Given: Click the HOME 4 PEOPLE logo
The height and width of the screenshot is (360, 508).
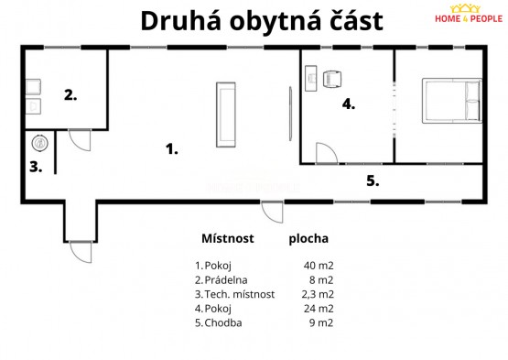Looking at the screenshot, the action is pos(468,14).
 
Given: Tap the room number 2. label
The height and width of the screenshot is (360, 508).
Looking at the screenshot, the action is pos(70,95).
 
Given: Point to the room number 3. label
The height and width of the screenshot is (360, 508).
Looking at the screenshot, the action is pos(36,167).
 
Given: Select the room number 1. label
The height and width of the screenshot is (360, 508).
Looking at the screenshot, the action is pos(172,149).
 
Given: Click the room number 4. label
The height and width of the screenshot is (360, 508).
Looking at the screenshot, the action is pos(349,104).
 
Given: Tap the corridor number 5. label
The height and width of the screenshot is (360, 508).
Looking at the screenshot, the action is pos(373,180).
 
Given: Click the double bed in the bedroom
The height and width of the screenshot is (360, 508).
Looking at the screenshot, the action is pos(452,101).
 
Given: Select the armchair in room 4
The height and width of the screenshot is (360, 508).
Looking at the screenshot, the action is pos(332,79).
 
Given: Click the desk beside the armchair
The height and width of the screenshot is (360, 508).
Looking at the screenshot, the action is pos(311,79).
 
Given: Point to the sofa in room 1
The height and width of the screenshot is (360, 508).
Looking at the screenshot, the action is pos(226,115).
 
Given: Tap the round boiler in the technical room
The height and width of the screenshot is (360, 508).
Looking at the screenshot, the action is pos(40,143).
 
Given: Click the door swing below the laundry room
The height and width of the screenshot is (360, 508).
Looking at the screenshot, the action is pos(80,140).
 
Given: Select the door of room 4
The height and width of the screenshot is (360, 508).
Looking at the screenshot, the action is pos(327,153).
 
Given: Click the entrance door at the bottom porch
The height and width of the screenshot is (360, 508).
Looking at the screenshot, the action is pos(81,252).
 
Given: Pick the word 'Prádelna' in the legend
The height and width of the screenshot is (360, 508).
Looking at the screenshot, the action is pos(226,280).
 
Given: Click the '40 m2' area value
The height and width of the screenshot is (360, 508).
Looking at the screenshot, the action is pos(319,266).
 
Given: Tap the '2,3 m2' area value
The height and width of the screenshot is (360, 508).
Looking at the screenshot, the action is pos(318,294).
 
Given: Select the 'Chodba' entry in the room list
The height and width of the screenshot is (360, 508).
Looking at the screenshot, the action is pos(223,322).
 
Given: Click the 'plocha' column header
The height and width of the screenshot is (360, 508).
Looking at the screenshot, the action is pos(308,239).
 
